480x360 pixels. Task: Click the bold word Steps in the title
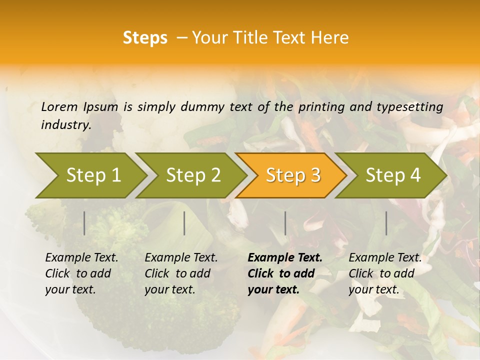point(145,38)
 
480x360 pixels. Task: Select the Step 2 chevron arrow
point(192,175)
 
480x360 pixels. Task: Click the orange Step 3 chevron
point(292,175)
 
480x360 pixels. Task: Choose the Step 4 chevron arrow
point(392,175)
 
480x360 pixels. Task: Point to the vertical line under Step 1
point(84,223)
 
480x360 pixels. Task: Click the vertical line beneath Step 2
point(184,223)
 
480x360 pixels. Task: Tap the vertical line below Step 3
point(285,223)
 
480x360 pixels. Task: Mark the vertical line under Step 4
point(386,223)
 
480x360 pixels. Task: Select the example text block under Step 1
point(81,273)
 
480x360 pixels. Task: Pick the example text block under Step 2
point(181,273)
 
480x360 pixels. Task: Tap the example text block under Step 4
point(385,273)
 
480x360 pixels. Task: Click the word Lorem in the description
point(59,106)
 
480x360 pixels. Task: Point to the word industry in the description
point(66,125)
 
